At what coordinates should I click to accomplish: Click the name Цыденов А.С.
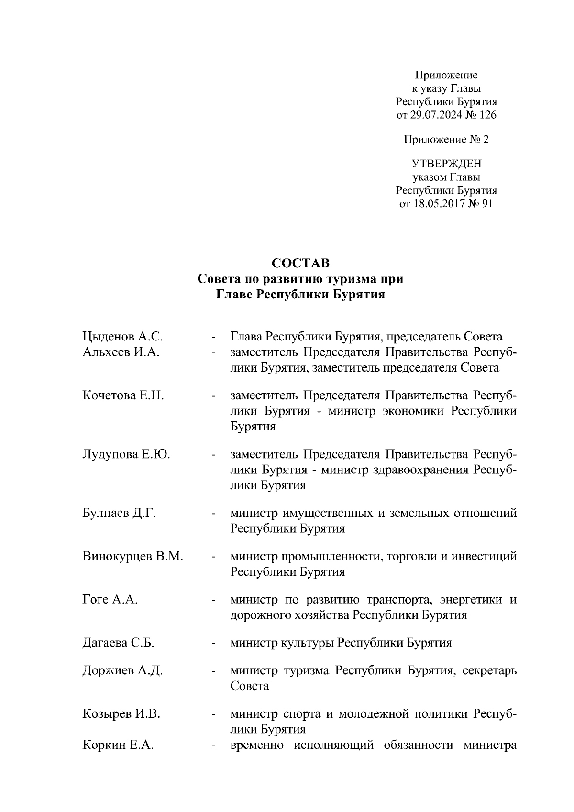click(123, 337)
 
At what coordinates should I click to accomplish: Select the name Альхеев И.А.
click(121, 352)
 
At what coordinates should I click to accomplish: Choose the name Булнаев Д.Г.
click(120, 514)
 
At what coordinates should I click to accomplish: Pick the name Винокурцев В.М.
click(133, 557)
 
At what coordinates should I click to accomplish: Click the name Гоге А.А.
click(110, 600)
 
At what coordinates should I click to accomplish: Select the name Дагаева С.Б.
click(118, 643)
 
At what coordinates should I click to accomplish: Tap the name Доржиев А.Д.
click(122, 670)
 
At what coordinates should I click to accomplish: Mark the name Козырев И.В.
click(121, 714)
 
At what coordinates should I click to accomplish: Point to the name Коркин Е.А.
click(118, 745)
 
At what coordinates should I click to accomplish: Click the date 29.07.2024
click(435, 115)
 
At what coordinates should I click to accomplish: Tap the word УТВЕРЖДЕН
click(447, 164)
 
